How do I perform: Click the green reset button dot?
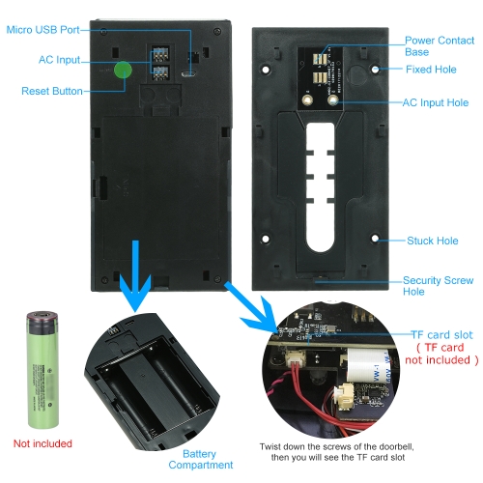pyautogui.click(x=123, y=70)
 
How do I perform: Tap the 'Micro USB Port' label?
pyautogui.click(x=43, y=30)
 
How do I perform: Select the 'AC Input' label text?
pyautogui.click(x=59, y=60)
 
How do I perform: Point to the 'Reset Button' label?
pyautogui.click(x=52, y=91)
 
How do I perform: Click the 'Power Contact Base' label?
pyautogui.click(x=440, y=46)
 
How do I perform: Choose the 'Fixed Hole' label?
pyautogui.click(x=431, y=70)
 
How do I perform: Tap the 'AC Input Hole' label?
pyautogui.click(x=436, y=102)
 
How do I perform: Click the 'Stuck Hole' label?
pyautogui.click(x=433, y=241)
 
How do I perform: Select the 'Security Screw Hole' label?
pyautogui.click(x=438, y=286)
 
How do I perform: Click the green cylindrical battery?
pyautogui.click(x=43, y=370)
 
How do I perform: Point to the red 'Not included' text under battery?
pyautogui.click(x=43, y=443)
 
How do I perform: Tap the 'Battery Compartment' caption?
pyautogui.click(x=200, y=460)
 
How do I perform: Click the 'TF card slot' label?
pyautogui.click(x=442, y=335)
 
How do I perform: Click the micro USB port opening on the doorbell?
pyautogui.click(x=187, y=74)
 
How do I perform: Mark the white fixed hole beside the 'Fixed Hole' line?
pyautogui.click(x=375, y=70)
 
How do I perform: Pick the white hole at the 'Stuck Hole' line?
pyautogui.click(x=375, y=239)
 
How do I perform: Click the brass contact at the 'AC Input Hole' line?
pyautogui.click(x=333, y=100)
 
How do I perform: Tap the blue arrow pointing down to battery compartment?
pyautogui.click(x=135, y=276)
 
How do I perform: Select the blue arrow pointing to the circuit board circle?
pyautogui.click(x=251, y=307)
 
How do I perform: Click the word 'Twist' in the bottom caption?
pyautogui.click(x=270, y=447)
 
